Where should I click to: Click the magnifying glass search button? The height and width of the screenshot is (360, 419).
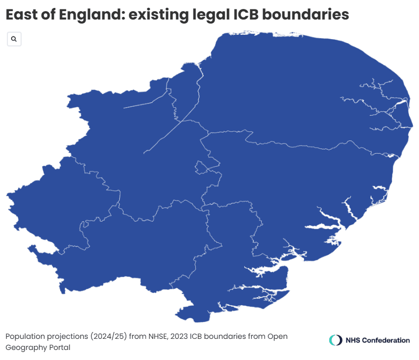click(14, 39)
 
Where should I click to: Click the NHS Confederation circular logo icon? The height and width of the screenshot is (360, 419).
click(335, 340)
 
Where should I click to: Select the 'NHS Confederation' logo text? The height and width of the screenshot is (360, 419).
click(377, 340)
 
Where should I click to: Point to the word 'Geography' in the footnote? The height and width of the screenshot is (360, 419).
click(25, 348)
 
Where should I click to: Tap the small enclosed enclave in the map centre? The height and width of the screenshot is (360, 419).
click(201, 168)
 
